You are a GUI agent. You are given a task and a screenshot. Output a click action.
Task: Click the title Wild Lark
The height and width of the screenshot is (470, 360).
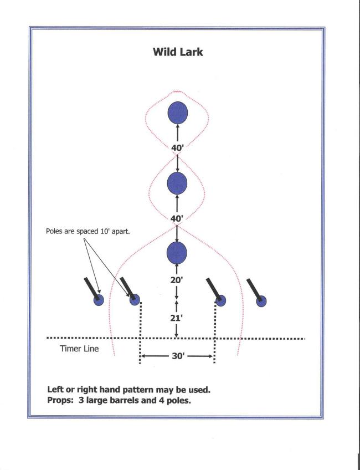(178, 52)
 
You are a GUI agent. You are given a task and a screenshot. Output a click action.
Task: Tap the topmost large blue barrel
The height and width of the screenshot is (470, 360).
(178, 113)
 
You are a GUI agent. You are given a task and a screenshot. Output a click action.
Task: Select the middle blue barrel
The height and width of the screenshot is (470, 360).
(177, 183)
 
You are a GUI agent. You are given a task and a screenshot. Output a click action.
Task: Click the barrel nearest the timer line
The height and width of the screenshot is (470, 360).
(177, 253)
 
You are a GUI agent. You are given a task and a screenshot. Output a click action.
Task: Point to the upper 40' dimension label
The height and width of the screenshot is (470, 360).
(177, 147)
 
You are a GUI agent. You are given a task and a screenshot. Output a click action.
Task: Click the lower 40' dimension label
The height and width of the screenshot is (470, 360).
(177, 218)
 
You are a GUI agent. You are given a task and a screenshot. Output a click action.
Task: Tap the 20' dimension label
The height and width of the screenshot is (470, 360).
(177, 280)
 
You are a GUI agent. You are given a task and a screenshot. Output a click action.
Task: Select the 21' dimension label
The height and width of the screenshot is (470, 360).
(177, 318)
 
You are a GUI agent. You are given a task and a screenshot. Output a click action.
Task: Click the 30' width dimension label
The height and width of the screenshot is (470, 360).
(178, 356)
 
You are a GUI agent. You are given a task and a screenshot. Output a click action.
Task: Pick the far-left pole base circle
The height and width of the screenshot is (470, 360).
(99, 300)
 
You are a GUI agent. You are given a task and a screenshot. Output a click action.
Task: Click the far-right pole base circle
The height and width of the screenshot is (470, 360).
(261, 302)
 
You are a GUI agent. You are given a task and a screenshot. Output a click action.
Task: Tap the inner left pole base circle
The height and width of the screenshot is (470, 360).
(135, 299)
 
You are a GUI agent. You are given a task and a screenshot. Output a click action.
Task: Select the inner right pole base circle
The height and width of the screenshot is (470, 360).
(221, 300)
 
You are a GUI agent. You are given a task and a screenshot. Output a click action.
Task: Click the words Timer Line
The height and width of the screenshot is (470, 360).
(79, 349)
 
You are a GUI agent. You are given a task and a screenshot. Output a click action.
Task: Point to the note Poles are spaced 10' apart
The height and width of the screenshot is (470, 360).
(88, 232)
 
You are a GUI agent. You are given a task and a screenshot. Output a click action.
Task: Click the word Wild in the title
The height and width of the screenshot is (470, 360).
(164, 52)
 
